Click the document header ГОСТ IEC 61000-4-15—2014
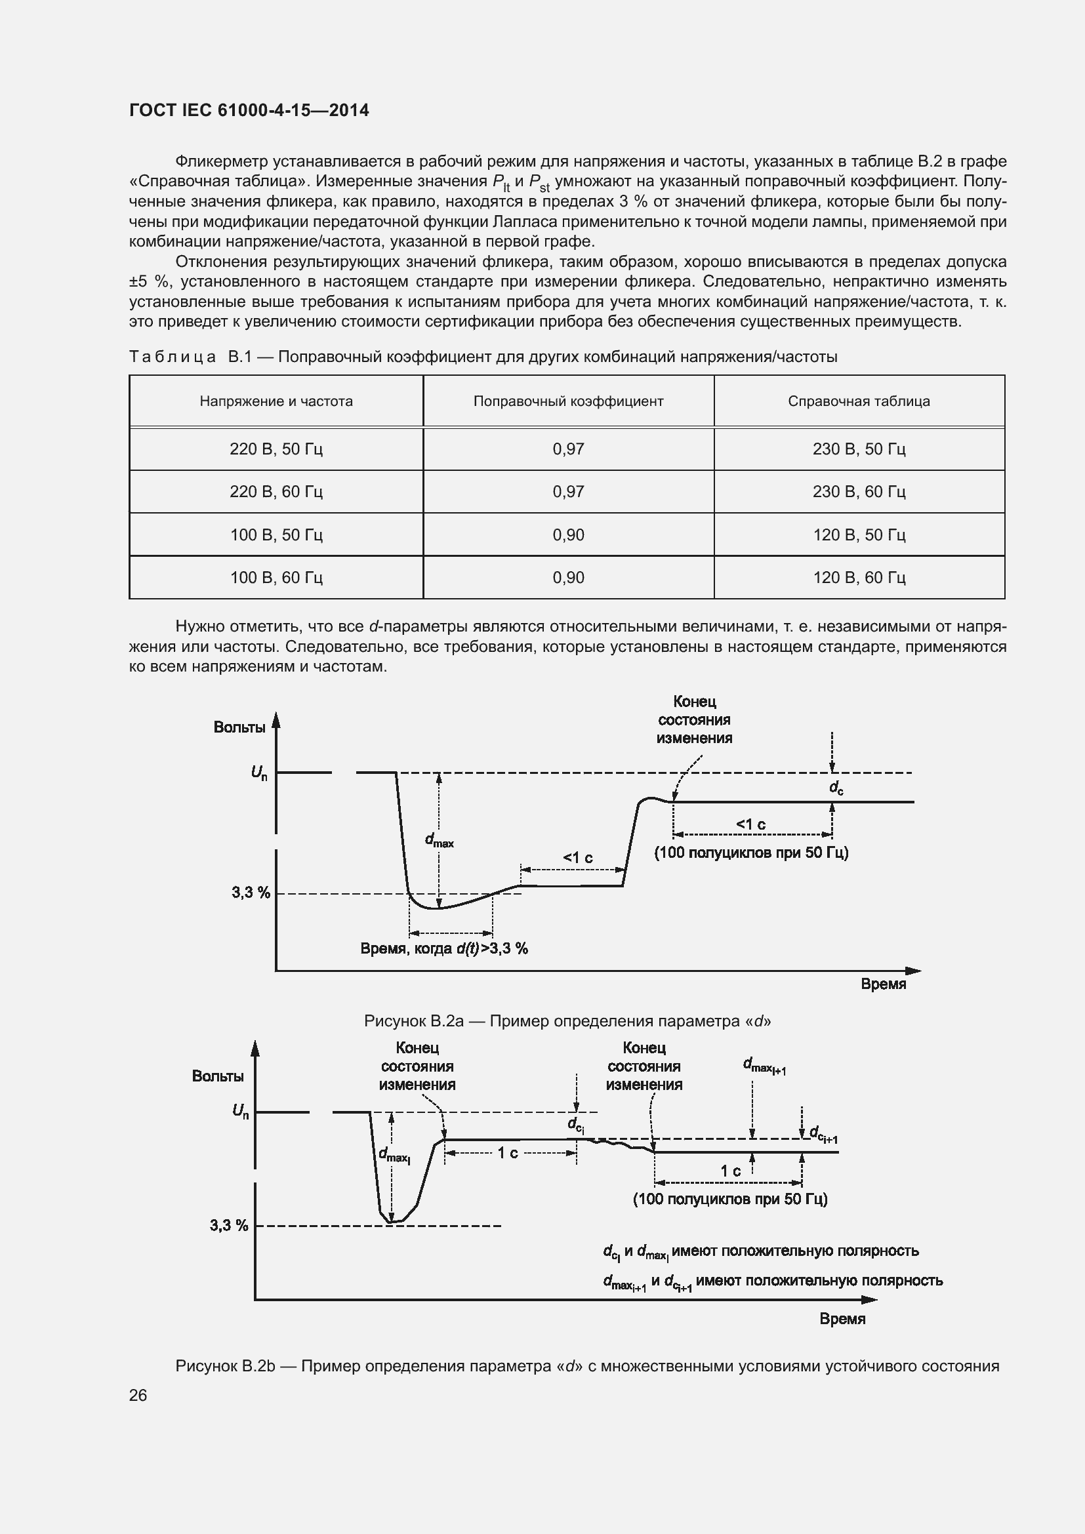[x=249, y=110]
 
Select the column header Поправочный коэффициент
[x=568, y=401]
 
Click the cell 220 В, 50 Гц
[x=276, y=449]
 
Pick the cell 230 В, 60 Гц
[x=859, y=492]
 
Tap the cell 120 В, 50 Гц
[x=859, y=535]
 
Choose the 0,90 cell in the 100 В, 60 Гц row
[x=568, y=577]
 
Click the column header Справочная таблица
[x=859, y=401]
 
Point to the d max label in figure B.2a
[x=439, y=841]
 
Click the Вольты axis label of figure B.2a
[x=239, y=727]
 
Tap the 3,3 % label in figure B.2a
[x=251, y=893]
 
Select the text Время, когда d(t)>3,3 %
[x=443, y=949]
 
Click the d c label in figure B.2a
[x=836, y=788]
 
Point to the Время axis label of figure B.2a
[x=882, y=984]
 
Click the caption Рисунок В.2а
[x=567, y=1021]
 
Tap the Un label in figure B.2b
[x=241, y=1111]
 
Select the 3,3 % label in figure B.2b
[x=229, y=1225]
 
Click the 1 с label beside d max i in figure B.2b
[x=508, y=1153]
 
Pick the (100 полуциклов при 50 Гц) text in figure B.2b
[x=729, y=1199]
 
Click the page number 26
[x=138, y=1395]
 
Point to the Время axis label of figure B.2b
[x=842, y=1319]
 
